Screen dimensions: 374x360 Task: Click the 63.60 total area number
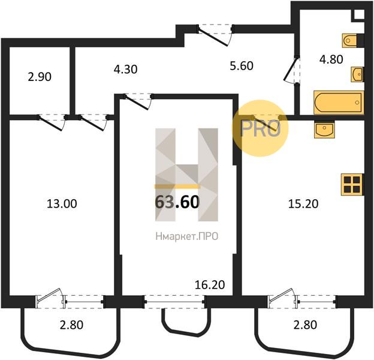(x=177, y=202)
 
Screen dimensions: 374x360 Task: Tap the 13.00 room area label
(x=62, y=204)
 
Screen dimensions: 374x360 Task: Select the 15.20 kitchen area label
(x=303, y=204)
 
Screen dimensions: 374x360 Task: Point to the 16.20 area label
(x=210, y=285)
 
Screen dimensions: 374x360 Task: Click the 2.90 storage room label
(x=40, y=77)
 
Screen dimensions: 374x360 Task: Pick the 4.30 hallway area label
(x=125, y=70)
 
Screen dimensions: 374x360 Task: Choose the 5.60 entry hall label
(x=242, y=66)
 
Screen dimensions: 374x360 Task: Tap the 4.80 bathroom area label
(x=331, y=59)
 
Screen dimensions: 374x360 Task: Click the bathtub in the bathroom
(x=339, y=103)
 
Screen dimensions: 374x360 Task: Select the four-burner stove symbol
(x=352, y=185)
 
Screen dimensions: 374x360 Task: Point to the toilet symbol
(x=351, y=41)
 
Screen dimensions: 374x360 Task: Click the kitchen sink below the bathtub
(x=324, y=130)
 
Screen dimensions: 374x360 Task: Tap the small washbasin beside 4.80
(x=357, y=74)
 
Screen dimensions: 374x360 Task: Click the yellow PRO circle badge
(x=260, y=128)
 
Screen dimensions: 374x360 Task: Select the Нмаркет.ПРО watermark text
(x=187, y=236)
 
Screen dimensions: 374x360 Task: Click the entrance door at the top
(x=215, y=35)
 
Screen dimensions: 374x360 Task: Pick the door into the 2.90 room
(x=52, y=122)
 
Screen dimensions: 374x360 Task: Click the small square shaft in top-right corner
(x=359, y=14)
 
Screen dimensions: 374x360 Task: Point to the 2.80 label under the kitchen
(x=305, y=325)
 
